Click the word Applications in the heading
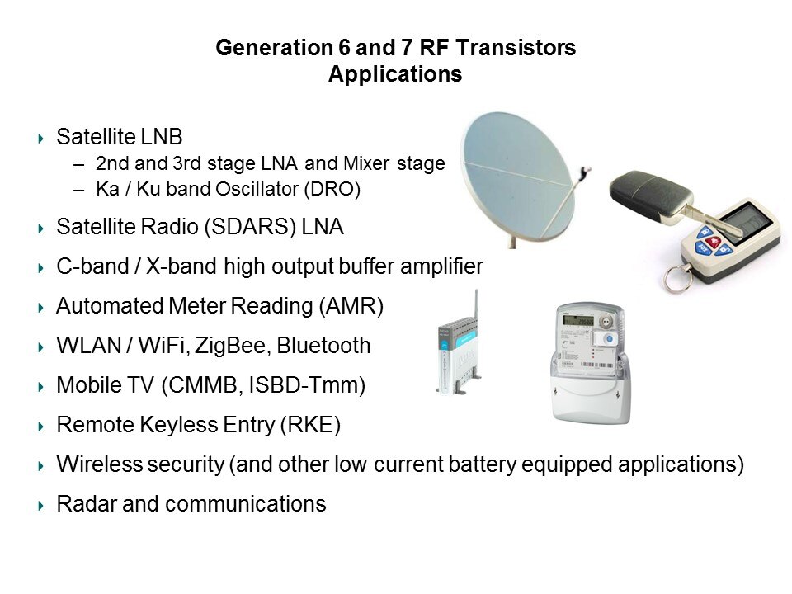395,74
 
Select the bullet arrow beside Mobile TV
41,386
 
